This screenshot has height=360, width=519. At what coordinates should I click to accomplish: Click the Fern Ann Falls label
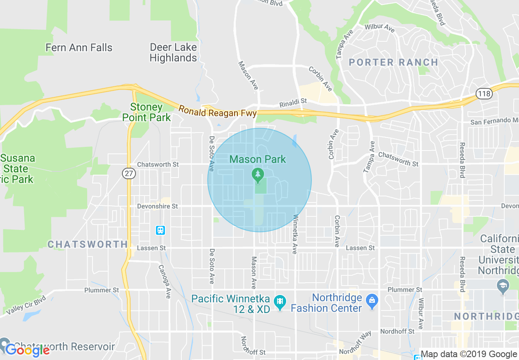coord(79,47)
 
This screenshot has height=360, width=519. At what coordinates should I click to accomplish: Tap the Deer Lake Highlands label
coord(173,53)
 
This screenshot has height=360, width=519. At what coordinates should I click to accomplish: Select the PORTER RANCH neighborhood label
coord(393,63)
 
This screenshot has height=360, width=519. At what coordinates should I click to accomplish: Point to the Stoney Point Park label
coord(147,112)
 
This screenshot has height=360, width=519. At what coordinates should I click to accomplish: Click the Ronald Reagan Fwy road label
coord(217,111)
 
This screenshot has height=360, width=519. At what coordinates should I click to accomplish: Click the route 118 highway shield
coord(484,94)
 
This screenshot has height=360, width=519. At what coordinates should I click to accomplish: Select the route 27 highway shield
coord(129,173)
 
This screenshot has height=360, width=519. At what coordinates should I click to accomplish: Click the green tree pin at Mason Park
coord(257,175)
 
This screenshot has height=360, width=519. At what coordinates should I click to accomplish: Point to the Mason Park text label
coord(257,159)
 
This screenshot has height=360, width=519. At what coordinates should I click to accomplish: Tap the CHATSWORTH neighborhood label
coord(88,245)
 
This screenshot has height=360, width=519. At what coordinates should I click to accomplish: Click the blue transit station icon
coord(160,230)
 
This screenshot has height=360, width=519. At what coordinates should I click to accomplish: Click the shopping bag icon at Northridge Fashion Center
coord(372,301)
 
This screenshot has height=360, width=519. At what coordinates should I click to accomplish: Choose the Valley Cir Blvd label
coord(27,306)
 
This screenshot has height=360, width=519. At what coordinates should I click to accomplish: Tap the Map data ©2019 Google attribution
coord(469,354)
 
